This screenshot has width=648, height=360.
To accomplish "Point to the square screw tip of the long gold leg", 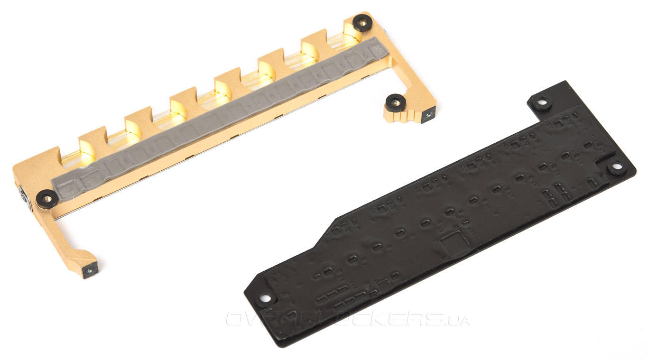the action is (89, 271).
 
